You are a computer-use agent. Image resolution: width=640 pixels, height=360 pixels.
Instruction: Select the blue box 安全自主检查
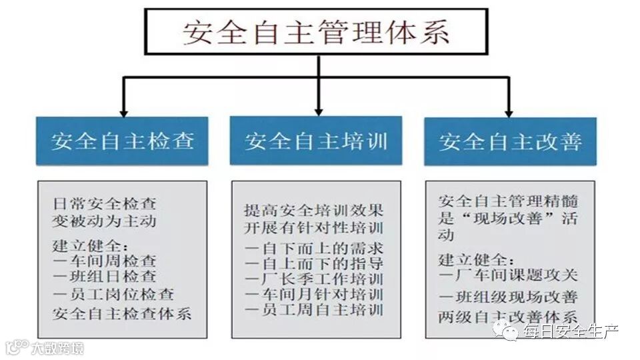(x=122, y=141)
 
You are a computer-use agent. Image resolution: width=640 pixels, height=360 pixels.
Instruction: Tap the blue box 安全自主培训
(x=315, y=141)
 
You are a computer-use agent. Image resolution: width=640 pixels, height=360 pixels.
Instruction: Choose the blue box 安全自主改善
(x=510, y=141)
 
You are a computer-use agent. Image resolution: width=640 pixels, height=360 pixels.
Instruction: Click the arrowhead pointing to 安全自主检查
(x=122, y=110)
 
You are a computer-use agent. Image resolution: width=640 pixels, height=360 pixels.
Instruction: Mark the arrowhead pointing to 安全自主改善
(x=509, y=110)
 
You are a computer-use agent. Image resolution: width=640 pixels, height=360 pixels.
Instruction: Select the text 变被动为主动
(x=105, y=219)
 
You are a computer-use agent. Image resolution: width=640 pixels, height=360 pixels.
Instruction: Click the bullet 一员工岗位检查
(x=113, y=293)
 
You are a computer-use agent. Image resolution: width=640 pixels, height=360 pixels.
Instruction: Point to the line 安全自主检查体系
(x=121, y=313)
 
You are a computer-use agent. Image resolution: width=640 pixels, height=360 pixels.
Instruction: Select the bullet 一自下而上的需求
(x=314, y=248)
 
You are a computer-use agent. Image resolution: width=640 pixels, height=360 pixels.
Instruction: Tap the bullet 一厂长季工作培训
(x=314, y=279)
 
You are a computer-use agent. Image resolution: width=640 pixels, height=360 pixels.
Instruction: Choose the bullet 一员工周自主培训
(x=314, y=310)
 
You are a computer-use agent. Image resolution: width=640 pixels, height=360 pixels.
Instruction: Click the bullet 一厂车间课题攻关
(x=508, y=275)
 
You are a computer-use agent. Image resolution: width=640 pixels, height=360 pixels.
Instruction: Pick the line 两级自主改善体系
(x=508, y=317)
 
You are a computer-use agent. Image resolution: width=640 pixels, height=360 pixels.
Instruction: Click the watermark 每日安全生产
(x=570, y=331)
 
